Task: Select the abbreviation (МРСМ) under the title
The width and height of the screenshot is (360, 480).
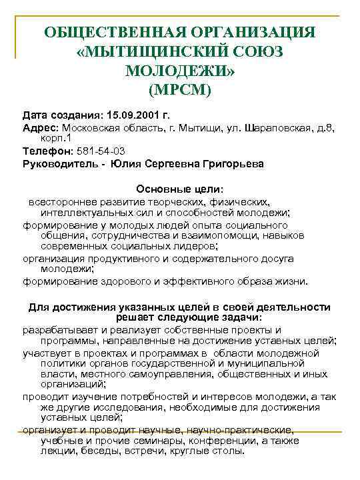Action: tap(179, 89)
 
